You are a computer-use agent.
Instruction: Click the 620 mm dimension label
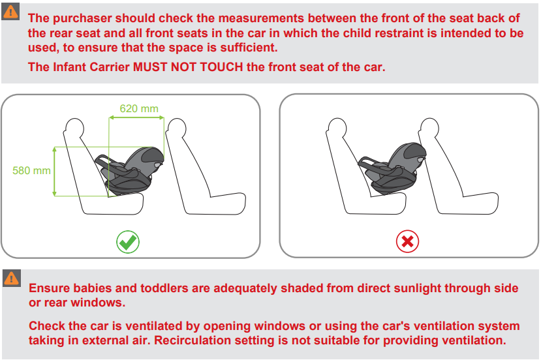(x=139, y=109)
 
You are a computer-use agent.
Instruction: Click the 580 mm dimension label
(x=31, y=171)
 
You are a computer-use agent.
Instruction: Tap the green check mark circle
(x=128, y=242)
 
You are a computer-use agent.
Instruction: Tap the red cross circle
(x=407, y=241)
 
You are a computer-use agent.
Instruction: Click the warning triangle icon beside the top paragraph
(x=10, y=12)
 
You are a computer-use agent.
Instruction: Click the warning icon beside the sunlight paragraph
(x=12, y=278)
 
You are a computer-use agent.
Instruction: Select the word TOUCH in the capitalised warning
(x=221, y=67)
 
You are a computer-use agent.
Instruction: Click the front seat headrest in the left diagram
(x=176, y=128)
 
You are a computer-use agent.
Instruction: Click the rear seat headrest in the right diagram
(x=336, y=128)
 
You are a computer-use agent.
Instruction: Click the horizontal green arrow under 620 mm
(x=136, y=117)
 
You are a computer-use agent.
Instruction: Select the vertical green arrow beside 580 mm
(x=55, y=172)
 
